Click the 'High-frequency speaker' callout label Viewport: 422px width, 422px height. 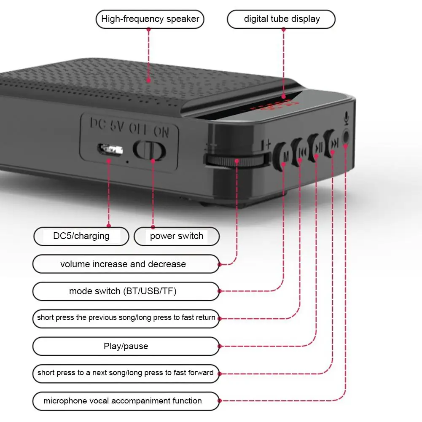pyautogui.click(x=150, y=19)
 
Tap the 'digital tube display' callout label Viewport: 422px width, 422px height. pyautogui.click(x=281, y=19)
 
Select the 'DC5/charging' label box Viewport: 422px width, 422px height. pyautogui.click(x=81, y=236)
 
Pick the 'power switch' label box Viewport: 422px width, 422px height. pyautogui.click(x=177, y=236)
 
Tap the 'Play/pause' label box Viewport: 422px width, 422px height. pyautogui.click(x=126, y=347)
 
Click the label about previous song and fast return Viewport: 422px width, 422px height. pyautogui.click(x=126, y=318)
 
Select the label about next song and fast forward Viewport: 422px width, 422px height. pyautogui.click(x=126, y=373)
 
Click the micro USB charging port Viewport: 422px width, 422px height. pyautogui.click(x=110, y=149)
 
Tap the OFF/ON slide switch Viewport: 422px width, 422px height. pyautogui.click(x=149, y=150)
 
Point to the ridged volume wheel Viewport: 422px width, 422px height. pyautogui.click(x=236, y=160)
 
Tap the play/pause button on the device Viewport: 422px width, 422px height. pyautogui.click(x=317, y=148)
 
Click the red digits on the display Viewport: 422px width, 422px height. pyautogui.click(x=274, y=107)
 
